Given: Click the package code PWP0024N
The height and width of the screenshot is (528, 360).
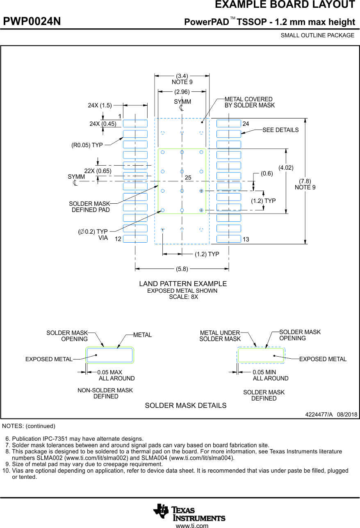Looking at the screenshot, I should [x=32, y=22].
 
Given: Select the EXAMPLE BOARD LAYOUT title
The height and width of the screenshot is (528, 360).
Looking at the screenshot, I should [x=285, y=5].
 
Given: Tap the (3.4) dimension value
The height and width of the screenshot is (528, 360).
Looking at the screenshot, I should [x=182, y=76].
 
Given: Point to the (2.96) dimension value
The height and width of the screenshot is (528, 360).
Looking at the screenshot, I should [x=182, y=92].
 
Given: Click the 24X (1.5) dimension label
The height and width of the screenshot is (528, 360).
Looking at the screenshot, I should [x=100, y=105].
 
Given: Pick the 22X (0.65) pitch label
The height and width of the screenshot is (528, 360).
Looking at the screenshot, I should [x=98, y=171].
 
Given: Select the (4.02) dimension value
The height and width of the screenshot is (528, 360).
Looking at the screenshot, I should [x=286, y=167].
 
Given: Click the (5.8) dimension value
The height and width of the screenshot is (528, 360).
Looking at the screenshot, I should [x=182, y=269].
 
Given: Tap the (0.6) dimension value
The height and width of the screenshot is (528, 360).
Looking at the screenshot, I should [x=267, y=173].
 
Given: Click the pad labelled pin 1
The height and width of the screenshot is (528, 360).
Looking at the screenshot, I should [x=135, y=123].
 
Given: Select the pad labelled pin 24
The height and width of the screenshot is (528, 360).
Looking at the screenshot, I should [x=228, y=123].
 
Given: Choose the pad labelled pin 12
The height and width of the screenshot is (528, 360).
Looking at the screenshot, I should [x=135, y=239].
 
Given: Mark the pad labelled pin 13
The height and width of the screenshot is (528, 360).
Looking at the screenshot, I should [x=228, y=239].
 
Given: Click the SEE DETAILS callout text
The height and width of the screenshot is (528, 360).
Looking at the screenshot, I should [x=280, y=130].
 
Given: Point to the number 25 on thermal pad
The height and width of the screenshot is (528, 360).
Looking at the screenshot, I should [x=188, y=178].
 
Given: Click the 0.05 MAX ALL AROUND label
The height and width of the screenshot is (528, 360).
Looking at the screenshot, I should [x=116, y=376].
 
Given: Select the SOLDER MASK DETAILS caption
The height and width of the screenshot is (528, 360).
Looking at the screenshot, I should [x=185, y=405].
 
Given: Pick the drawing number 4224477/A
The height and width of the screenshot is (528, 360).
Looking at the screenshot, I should [x=319, y=414].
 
